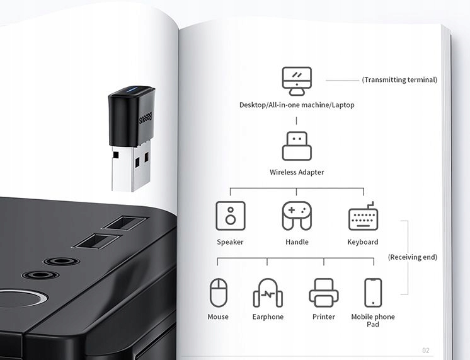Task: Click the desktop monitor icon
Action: click(297, 81)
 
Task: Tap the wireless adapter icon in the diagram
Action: click(297, 146)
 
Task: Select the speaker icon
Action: click(230, 216)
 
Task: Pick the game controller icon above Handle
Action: click(297, 216)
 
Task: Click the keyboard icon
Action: click(363, 216)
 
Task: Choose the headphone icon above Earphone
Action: click(268, 293)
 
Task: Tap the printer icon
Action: click(324, 292)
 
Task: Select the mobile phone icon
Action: click(373, 293)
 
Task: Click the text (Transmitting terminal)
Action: click(399, 80)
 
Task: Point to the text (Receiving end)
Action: click(413, 257)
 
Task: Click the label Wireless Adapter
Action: click(297, 172)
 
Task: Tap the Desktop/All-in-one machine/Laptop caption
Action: click(297, 105)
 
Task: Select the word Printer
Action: click(324, 316)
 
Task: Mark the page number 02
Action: click(426, 350)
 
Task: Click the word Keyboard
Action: click(363, 242)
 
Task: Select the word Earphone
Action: click(268, 316)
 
